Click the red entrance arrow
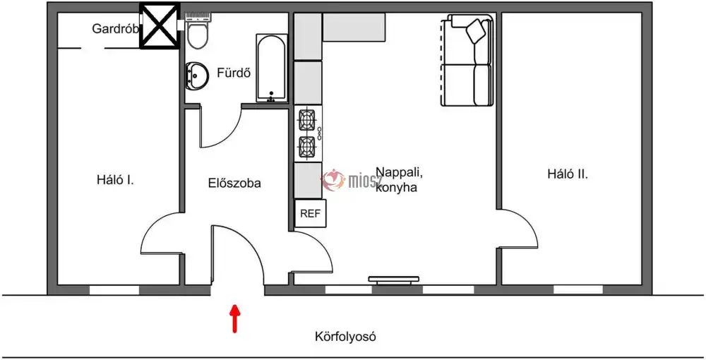point(234,319)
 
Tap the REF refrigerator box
point(310,213)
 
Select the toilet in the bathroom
point(198,30)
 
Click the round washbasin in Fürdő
point(196,75)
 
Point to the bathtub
point(272,68)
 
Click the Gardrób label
point(115,29)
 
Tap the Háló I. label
point(115,181)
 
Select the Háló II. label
point(568,174)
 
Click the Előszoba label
point(234,183)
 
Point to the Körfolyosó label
point(345,336)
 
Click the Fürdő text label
point(234,73)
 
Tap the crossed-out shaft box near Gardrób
point(160,25)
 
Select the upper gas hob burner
point(308,120)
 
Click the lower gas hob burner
point(308,146)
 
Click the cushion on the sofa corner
point(477,32)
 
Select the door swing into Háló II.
point(518,229)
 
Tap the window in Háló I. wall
point(114,290)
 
